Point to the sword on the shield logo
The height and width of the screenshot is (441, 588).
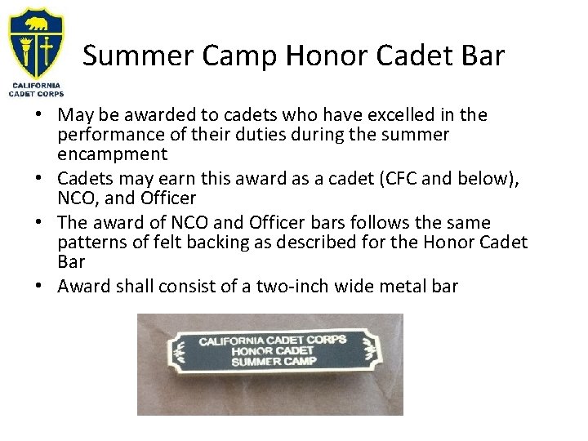(x=48, y=47)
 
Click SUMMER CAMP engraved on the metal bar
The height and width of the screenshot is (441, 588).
(x=273, y=360)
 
